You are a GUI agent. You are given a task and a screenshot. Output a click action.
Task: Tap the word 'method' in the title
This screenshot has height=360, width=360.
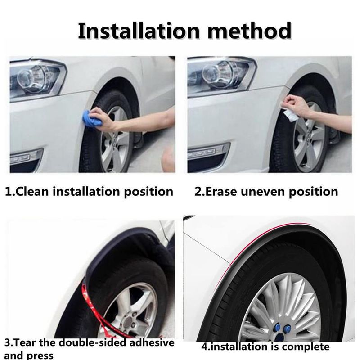pyautogui.click(x=250, y=31)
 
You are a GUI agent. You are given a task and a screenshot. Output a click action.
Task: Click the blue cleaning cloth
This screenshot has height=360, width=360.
pyautogui.click(x=92, y=118)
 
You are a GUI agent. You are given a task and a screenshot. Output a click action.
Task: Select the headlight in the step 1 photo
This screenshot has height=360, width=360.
pyautogui.click(x=37, y=78)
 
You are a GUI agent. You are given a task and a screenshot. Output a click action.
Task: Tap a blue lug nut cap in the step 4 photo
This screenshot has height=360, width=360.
pyautogui.click(x=278, y=328)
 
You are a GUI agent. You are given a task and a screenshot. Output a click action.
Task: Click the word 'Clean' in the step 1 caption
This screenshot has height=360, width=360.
pyautogui.click(x=32, y=191)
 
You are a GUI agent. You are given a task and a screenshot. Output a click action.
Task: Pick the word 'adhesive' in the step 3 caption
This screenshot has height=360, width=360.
pyautogui.click(x=152, y=342)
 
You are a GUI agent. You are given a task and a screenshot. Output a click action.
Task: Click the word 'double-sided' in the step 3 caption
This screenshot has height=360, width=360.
pyautogui.click(x=93, y=342)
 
